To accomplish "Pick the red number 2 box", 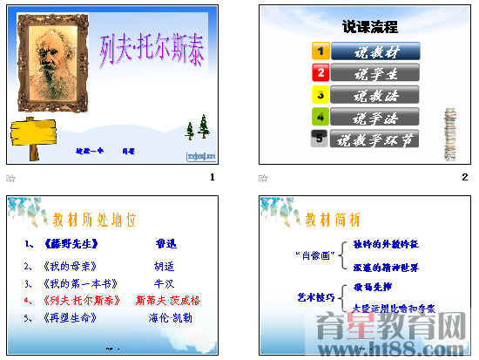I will (320, 73).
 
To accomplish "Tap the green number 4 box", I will (320, 117).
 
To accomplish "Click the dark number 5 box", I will (320, 139).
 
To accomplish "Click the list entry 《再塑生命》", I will (71, 318).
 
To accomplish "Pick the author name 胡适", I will (165, 267).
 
